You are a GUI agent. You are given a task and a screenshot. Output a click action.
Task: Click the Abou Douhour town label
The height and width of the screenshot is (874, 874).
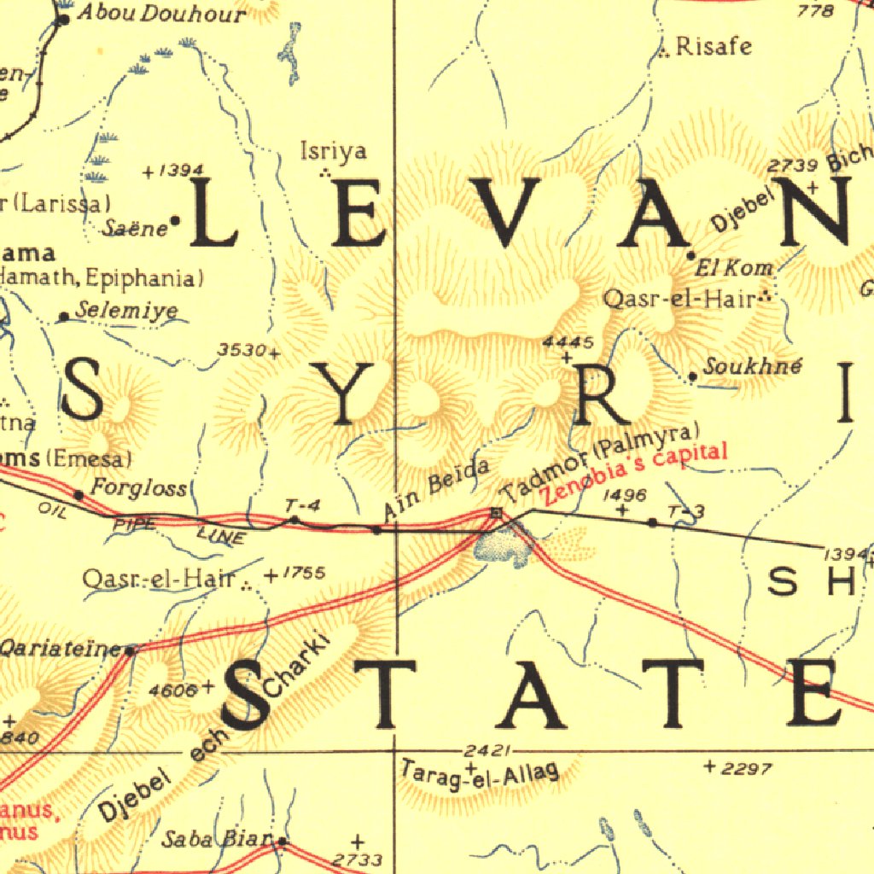[x=160, y=14]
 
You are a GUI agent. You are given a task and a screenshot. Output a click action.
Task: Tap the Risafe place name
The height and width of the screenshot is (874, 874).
[x=714, y=46]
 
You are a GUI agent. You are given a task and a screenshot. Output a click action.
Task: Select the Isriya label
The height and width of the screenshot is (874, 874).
[x=334, y=151]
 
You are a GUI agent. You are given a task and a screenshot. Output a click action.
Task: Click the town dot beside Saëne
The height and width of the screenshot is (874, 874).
[x=175, y=221]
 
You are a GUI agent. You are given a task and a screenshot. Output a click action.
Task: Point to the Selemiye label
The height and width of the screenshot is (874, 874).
[x=126, y=311]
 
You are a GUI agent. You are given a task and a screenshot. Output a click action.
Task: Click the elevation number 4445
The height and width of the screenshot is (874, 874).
[x=568, y=342]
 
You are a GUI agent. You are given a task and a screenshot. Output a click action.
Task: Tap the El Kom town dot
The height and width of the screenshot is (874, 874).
[x=691, y=255]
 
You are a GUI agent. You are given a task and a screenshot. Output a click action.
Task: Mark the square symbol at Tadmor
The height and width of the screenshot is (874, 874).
[x=497, y=512]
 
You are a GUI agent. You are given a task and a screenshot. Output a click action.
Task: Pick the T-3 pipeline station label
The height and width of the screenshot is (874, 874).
[x=687, y=511]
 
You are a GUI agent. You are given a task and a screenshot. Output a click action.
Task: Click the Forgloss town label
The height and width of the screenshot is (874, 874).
[x=138, y=488]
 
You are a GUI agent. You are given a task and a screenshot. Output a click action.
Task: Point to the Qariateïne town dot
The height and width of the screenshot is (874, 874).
[x=130, y=651]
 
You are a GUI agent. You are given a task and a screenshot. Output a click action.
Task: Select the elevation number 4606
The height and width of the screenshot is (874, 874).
[x=172, y=690]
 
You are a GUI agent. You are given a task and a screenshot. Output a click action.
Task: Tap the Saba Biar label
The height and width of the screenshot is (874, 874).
[x=218, y=839]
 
